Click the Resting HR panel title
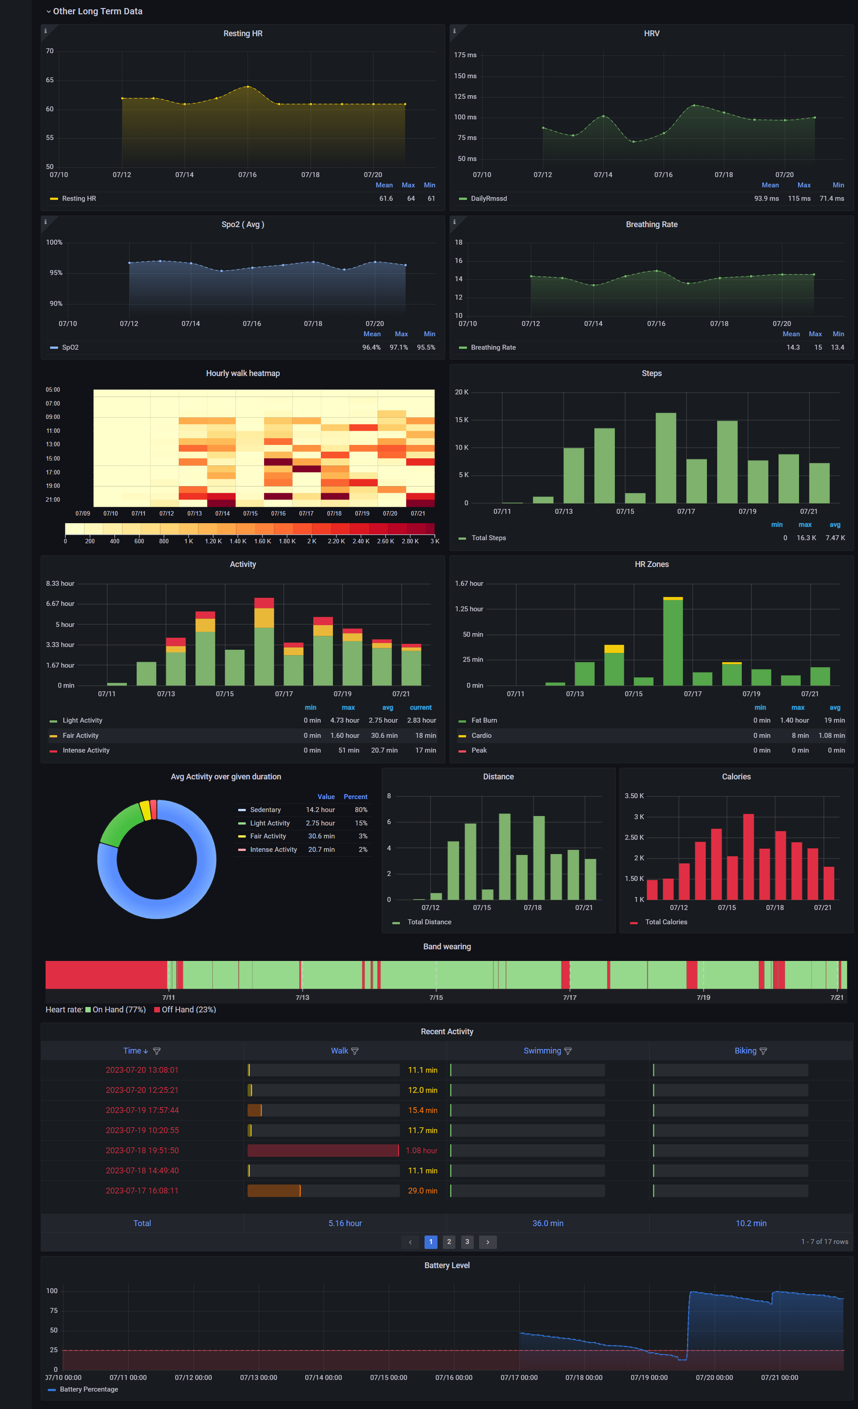tap(243, 34)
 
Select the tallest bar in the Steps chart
tap(665, 457)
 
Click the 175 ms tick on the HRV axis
tap(465, 55)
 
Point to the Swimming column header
tap(542, 1050)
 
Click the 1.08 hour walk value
tap(421, 1151)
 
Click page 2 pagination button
tap(449, 1241)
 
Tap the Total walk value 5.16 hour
tap(345, 1223)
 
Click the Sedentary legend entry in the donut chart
tap(265, 810)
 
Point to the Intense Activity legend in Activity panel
tap(86, 750)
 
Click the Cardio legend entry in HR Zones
tap(481, 736)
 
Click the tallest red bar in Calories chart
tap(748, 857)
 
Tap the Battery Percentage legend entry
tap(88, 1389)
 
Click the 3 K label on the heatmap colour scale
tap(434, 541)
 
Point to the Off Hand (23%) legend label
tap(189, 1009)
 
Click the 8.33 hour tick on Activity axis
tap(60, 583)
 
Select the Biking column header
tap(745, 1050)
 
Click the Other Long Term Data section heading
tap(97, 12)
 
